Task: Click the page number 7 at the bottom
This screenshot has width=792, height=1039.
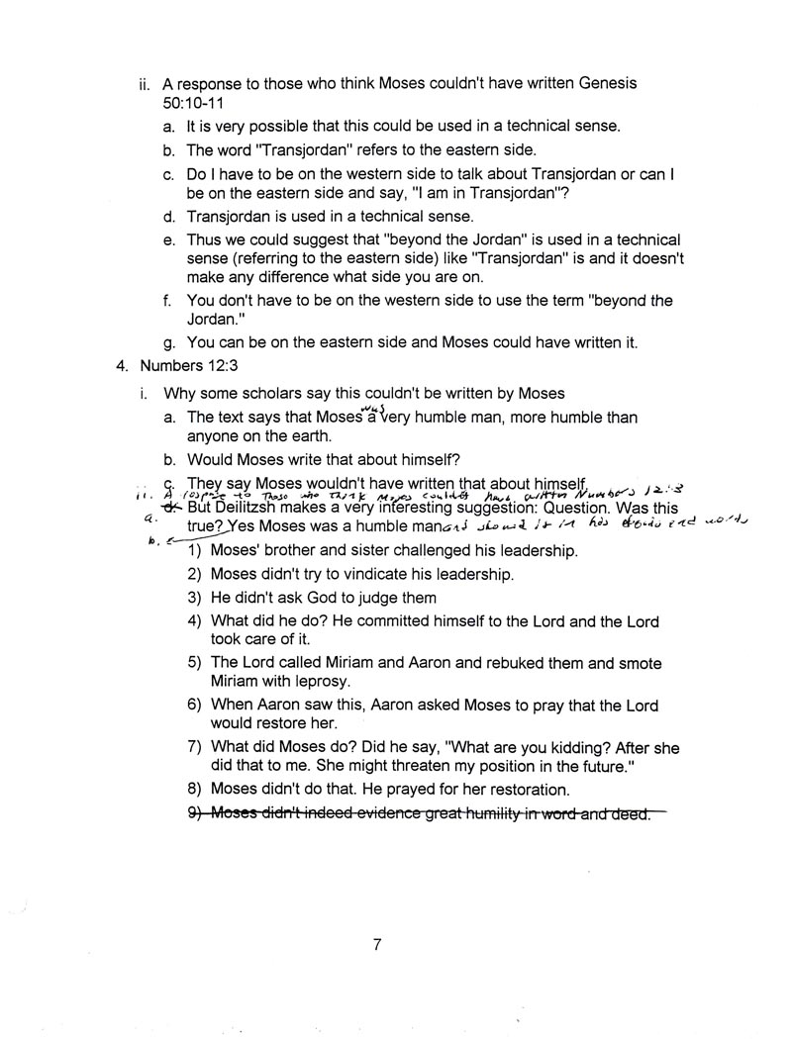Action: [377, 944]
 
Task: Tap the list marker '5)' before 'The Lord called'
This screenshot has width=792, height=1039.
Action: [194, 663]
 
